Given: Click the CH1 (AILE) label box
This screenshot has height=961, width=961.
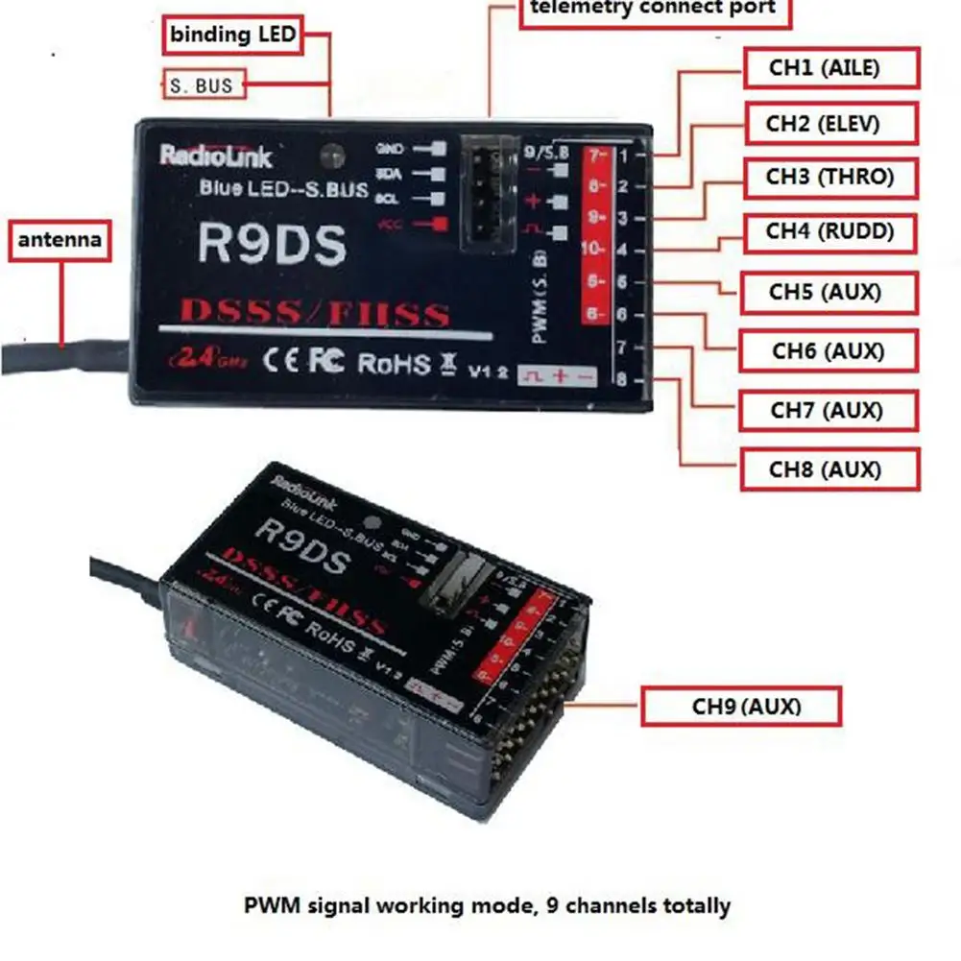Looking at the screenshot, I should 831,68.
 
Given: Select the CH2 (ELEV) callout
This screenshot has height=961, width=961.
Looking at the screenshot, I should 831,124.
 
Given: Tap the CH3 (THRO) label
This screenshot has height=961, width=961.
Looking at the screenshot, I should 829,178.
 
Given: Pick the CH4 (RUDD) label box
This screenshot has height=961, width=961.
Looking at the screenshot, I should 829,232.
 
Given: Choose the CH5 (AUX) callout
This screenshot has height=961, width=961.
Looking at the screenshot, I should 829,292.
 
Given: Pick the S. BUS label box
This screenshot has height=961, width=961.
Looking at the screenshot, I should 202,85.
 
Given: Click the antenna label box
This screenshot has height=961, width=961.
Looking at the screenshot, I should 60,239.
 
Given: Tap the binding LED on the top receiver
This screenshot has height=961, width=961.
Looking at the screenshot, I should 332,154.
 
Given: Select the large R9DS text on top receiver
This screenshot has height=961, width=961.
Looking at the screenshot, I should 271,245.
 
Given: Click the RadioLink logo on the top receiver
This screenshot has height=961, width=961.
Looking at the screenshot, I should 216,156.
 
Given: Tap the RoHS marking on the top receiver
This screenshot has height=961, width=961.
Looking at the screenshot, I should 394,362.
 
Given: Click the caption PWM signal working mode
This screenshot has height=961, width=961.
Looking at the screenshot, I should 487,904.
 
